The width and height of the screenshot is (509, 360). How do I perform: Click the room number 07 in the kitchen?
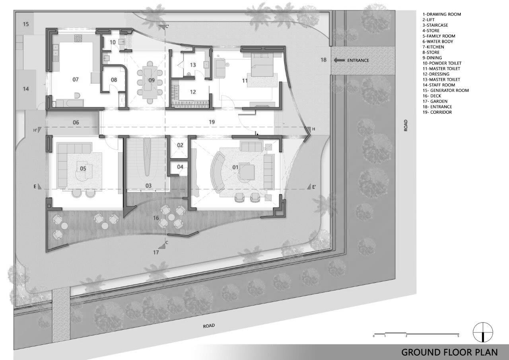(76, 80)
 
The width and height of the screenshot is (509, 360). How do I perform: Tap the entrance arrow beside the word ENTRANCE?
(339, 60)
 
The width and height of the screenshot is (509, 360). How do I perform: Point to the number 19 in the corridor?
(212, 122)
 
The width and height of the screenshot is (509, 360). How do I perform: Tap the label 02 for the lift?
(180, 145)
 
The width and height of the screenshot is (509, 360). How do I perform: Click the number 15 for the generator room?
(26, 24)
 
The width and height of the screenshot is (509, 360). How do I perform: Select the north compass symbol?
(483, 333)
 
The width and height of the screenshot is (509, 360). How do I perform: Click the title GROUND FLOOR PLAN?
(449, 352)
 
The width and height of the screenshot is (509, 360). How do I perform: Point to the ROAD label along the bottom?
(209, 325)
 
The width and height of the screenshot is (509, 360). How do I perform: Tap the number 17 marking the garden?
(156, 252)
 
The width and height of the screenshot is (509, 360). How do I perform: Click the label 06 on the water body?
(76, 123)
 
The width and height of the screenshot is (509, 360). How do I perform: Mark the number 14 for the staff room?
(26, 89)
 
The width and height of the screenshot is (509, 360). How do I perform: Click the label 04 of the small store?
(180, 167)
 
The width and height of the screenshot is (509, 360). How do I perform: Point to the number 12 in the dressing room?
(193, 92)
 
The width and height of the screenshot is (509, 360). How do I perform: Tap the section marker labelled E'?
(314, 187)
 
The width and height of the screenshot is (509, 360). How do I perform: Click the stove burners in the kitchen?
(78, 39)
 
